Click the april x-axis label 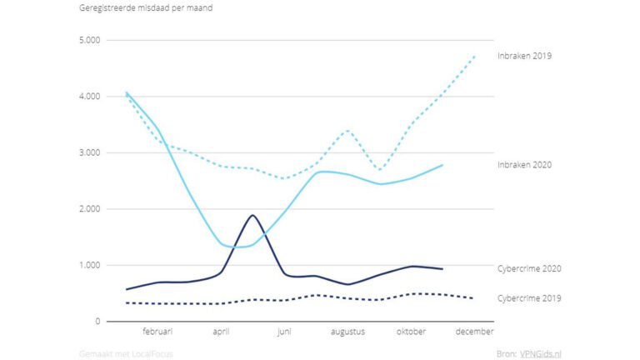click(221, 332)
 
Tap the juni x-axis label click(284, 332)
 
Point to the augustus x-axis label click(347, 332)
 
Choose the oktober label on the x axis click(411, 332)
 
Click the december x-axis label click(474, 332)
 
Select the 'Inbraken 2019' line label click(524, 56)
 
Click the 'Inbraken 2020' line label click(524, 165)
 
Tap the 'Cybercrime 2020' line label click(528, 268)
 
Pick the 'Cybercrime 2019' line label click(528, 297)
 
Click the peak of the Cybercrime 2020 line click(252, 216)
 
